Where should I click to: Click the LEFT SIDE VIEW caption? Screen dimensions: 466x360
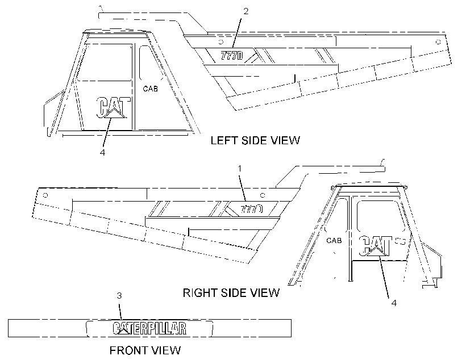255,140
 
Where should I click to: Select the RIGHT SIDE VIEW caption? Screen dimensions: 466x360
231,293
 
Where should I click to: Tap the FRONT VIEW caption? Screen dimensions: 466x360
145,350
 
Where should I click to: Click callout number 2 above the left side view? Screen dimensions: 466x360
246,11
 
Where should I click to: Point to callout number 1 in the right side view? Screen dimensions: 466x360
240,169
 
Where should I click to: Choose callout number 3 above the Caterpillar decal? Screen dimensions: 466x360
119,295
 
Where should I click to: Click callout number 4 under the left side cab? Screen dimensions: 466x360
102,152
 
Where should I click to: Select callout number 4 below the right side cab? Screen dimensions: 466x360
394,303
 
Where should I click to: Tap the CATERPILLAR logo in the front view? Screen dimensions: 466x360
149,328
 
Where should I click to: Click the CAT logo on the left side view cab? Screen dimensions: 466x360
114,107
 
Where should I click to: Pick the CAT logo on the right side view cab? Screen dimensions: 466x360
376,246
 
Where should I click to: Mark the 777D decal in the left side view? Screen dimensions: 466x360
231,56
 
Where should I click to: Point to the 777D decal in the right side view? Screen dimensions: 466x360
251,209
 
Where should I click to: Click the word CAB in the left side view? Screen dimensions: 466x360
151,89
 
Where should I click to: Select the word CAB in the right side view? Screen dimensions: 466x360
334,240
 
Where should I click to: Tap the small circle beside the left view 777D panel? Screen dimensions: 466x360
221,41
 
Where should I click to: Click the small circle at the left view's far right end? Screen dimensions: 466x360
438,42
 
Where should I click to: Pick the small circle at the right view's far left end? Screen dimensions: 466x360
45,195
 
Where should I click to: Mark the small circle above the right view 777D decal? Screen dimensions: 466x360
263,195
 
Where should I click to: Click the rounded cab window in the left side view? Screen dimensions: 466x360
140,64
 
